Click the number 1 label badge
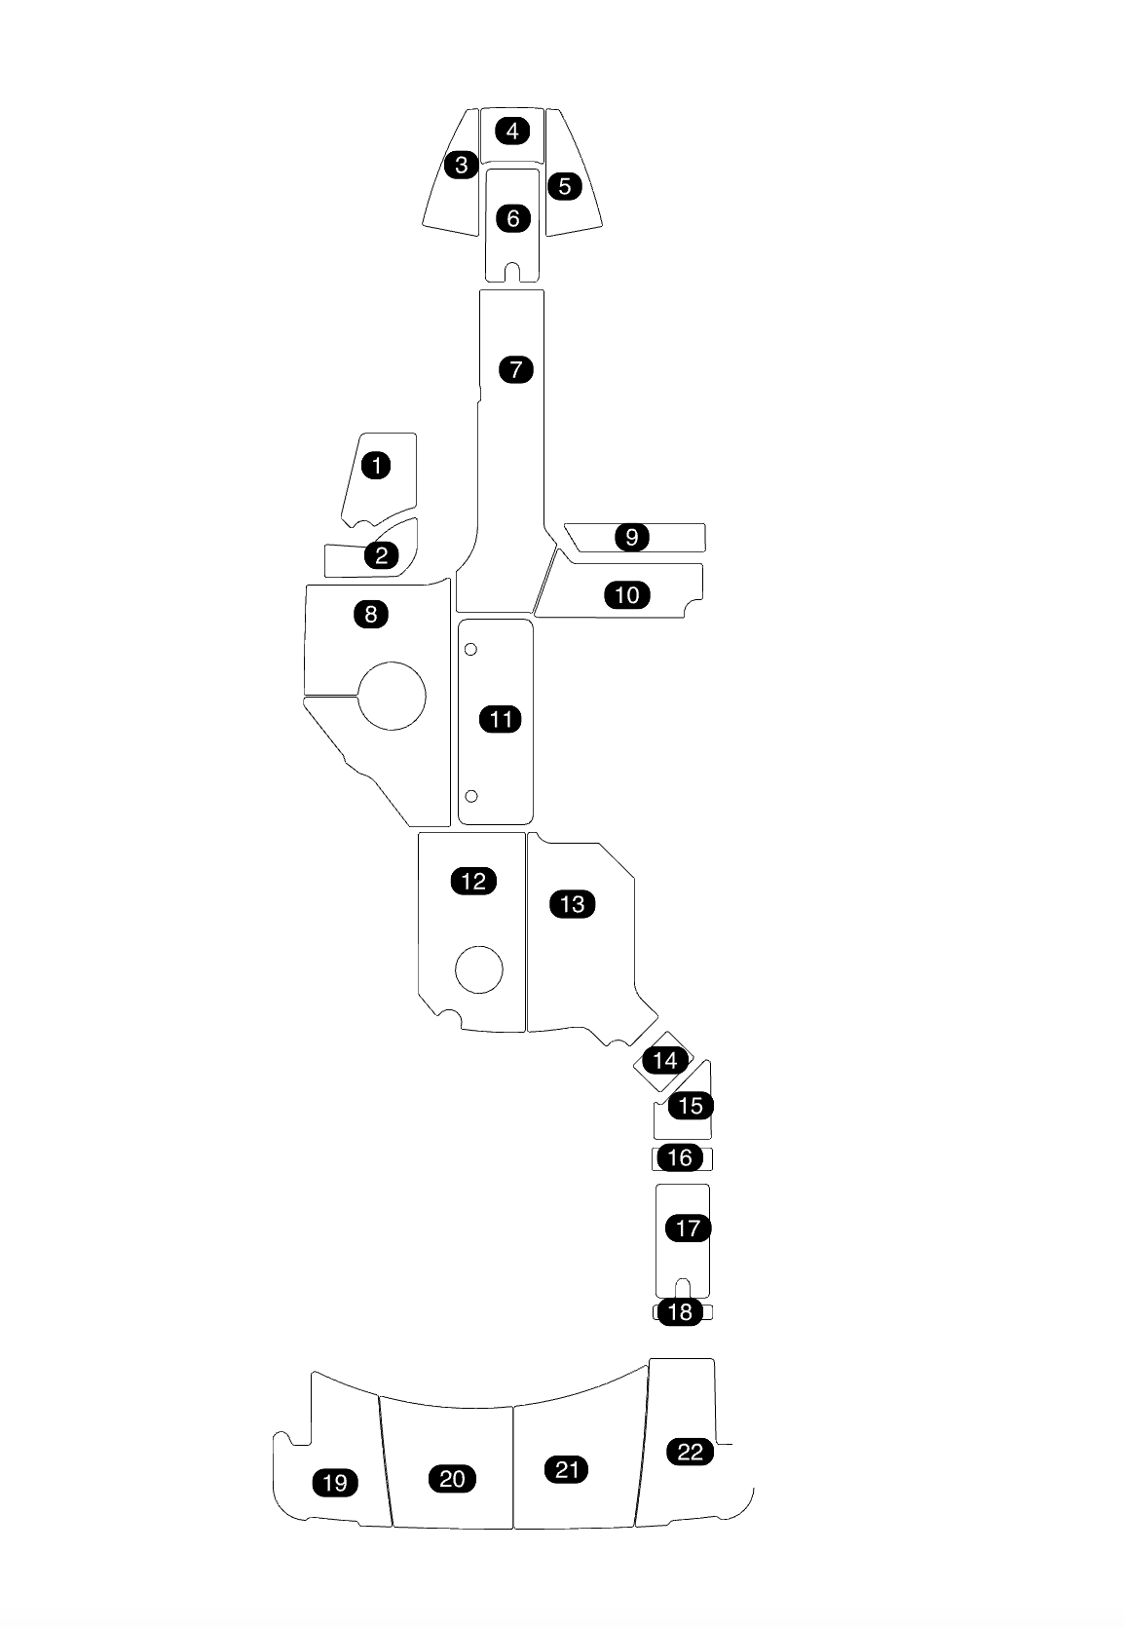pyautogui.click(x=376, y=466)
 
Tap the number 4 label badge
pyautogui.click(x=512, y=131)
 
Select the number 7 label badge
pyautogui.click(x=515, y=370)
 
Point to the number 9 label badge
pyautogui.click(x=632, y=537)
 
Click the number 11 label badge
pyautogui.click(x=501, y=720)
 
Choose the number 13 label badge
pyautogui.click(x=573, y=904)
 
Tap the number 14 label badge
pyautogui.click(x=665, y=1060)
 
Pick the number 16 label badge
pyautogui.click(x=680, y=1157)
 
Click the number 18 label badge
pyautogui.click(x=680, y=1312)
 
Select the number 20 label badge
pyautogui.click(x=452, y=1479)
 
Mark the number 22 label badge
pyautogui.click(x=690, y=1452)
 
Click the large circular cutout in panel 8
pyautogui.click(x=393, y=696)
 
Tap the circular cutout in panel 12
pyautogui.click(x=479, y=969)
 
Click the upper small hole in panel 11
pyautogui.click(x=470, y=650)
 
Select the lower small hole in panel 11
pyautogui.click(x=471, y=796)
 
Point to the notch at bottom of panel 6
pyautogui.click(x=512, y=272)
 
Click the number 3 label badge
pyautogui.click(x=462, y=165)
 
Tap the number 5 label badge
pyautogui.click(x=564, y=185)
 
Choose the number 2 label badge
pyautogui.click(x=381, y=555)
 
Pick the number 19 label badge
pyautogui.click(x=334, y=1483)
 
